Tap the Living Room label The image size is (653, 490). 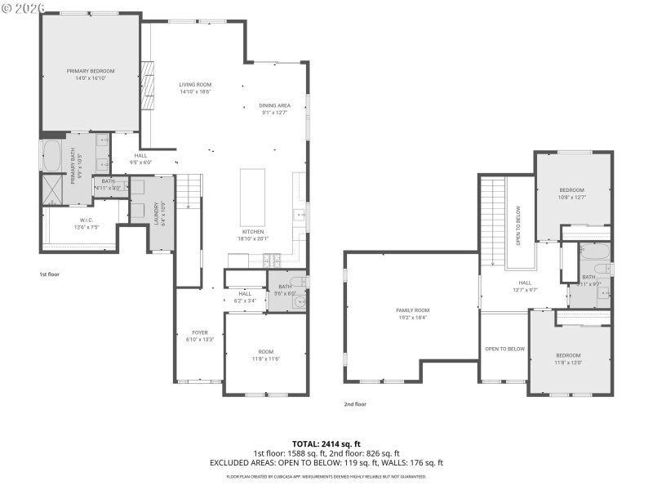click(195, 88)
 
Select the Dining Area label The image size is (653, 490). click(275, 109)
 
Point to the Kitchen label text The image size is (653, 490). click(252, 234)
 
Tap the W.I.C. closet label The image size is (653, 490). click(87, 224)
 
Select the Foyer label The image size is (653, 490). click(199, 336)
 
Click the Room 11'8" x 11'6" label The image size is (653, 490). click(265, 355)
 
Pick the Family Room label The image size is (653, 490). click(412, 314)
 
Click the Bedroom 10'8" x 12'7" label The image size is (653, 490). click(571, 194)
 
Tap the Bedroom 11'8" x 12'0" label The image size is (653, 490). click(568, 359)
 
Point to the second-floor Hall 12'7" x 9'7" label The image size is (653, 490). click(525, 286)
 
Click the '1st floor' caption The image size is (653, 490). click(50, 274)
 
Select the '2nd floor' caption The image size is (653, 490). click(355, 404)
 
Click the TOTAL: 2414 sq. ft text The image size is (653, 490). click(326, 443)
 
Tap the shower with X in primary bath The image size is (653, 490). click(52, 189)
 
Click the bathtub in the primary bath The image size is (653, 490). click(51, 154)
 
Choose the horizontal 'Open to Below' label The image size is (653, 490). click(504, 349)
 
